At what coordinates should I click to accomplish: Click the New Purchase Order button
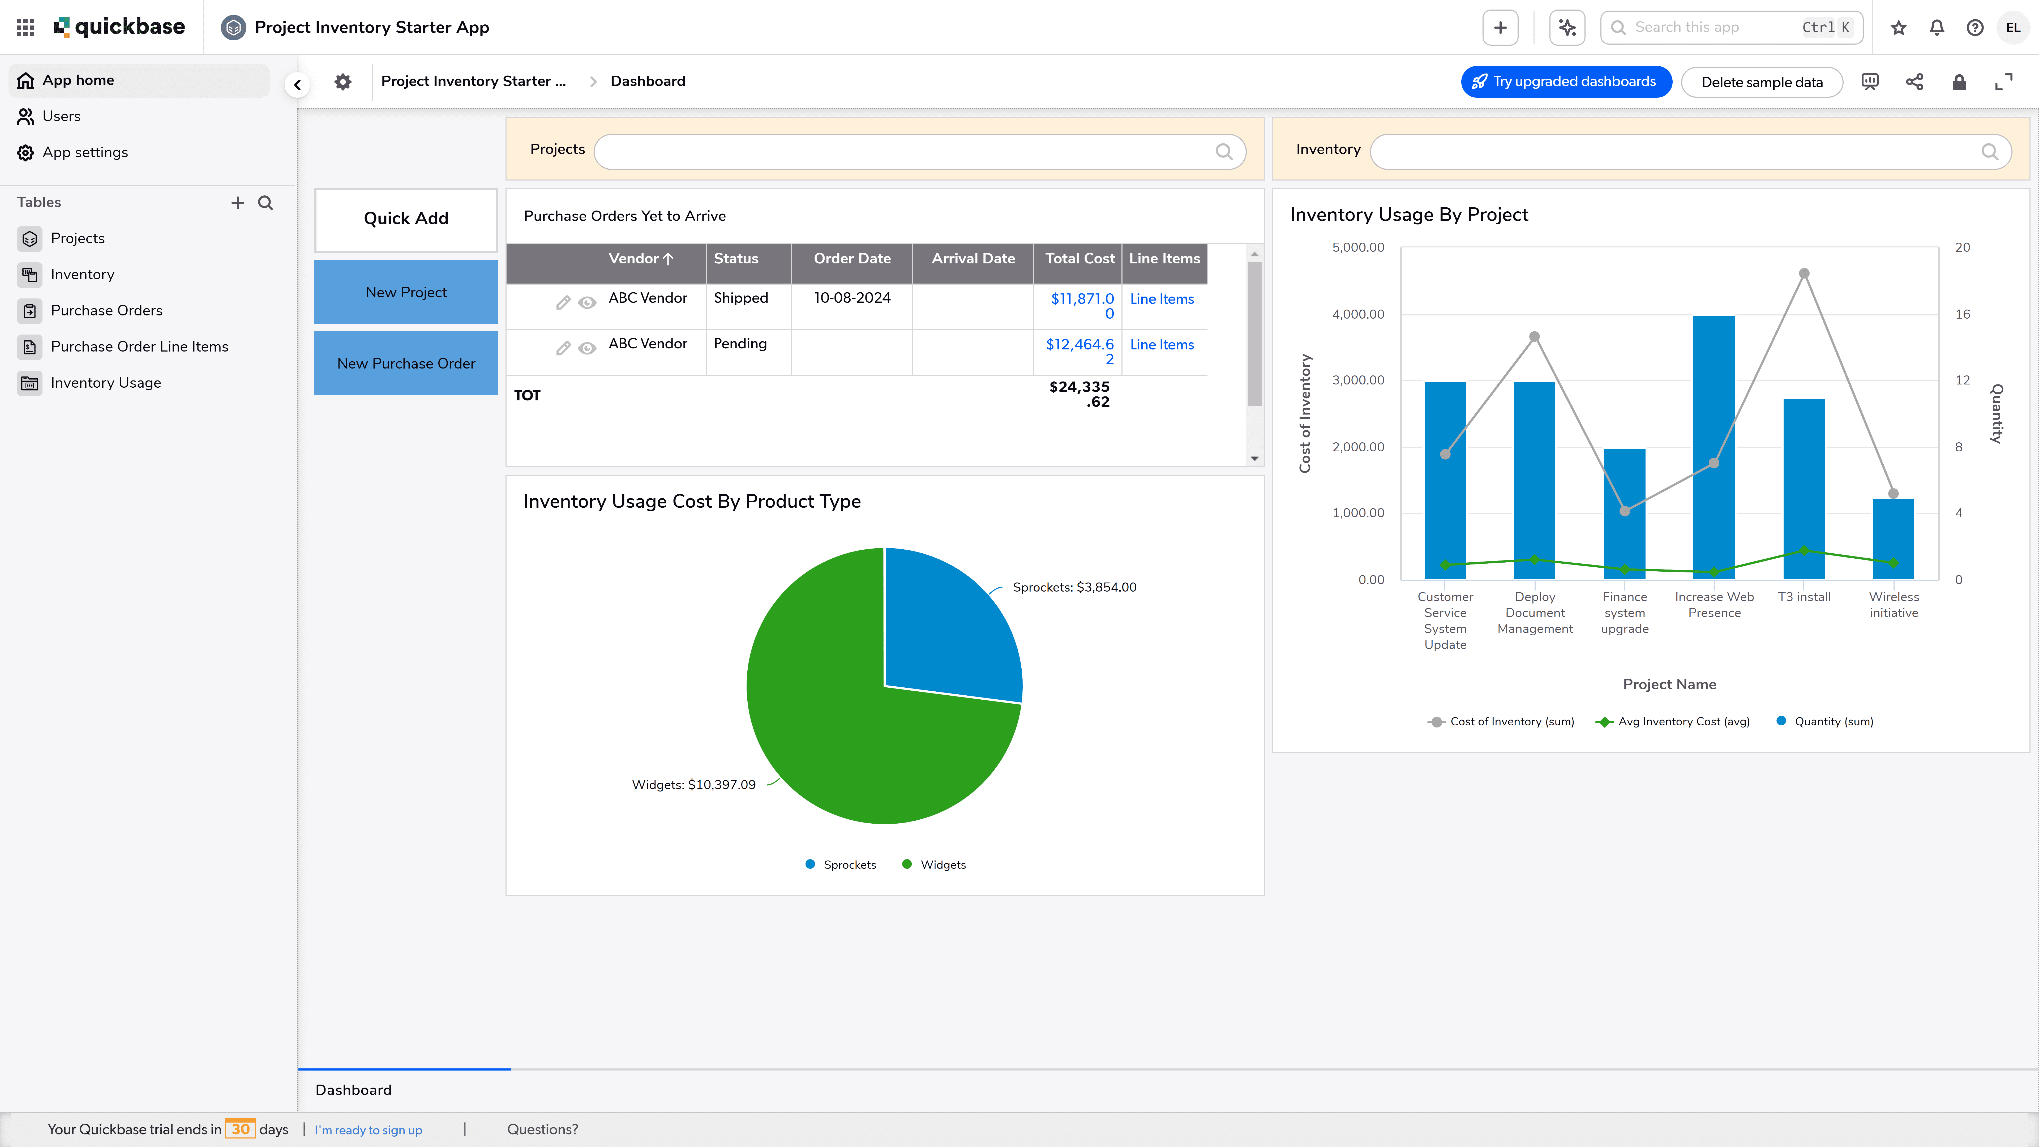click(406, 363)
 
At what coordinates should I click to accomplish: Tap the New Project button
click(406, 292)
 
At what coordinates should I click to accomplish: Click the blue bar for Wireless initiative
click(1893, 539)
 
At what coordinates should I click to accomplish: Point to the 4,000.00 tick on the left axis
click(1358, 314)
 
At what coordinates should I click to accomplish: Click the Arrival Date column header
click(973, 259)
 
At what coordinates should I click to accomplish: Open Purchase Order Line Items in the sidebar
click(139, 347)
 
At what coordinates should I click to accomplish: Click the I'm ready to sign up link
click(368, 1129)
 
